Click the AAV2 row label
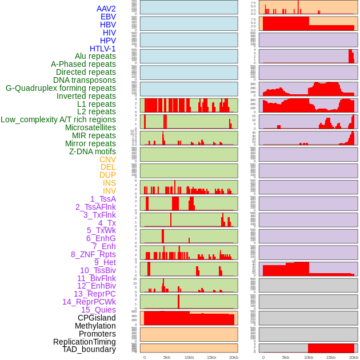point(106,9)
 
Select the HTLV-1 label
point(103,49)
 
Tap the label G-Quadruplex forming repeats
point(61,88)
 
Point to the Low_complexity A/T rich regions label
point(58,119)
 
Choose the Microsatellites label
point(90,127)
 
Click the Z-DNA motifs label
point(93,151)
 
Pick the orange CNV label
point(107,159)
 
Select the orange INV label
point(109,191)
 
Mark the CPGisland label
point(97,318)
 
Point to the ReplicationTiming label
point(85,342)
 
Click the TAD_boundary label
point(89,349)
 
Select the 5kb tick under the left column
point(167,357)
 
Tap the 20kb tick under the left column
point(234,357)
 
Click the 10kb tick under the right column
point(309,357)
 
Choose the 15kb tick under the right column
point(331,357)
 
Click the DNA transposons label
point(85,80)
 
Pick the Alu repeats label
point(95,56)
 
